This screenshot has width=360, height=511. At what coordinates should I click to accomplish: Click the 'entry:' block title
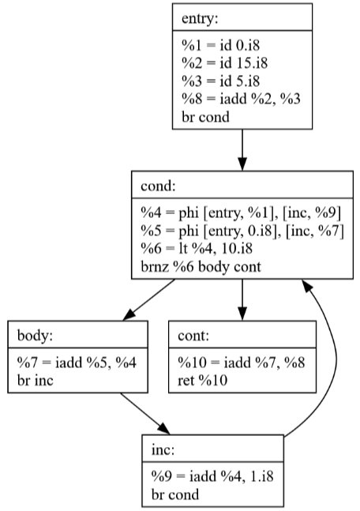[200, 18]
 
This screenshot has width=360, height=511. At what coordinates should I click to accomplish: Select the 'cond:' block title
[158, 186]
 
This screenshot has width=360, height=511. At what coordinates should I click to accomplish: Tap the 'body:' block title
[35, 336]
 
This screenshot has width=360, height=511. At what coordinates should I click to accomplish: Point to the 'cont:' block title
[193, 336]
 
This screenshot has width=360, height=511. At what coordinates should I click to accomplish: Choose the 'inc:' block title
[163, 449]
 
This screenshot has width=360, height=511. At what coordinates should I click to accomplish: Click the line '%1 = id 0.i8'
[220, 45]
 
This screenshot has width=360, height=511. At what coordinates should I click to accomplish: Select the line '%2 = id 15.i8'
[224, 63]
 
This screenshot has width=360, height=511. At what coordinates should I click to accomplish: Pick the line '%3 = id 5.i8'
[220, 81]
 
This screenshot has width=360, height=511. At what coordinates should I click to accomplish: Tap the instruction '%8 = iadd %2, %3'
[241, 99]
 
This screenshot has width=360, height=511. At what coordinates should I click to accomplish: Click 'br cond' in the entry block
[205, 117]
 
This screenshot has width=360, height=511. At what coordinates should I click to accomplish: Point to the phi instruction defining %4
[241, 212]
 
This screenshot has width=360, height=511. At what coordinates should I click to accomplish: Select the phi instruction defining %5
[242, 231]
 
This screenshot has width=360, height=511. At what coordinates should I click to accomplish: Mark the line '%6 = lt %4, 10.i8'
[197, 249]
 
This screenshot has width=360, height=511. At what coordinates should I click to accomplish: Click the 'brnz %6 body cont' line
[201, 267]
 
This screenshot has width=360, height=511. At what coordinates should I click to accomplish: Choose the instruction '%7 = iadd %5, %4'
[77, 363]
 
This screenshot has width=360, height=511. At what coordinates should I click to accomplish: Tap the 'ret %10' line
[202, 381]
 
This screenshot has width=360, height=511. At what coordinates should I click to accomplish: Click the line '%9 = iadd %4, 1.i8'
[212, 476]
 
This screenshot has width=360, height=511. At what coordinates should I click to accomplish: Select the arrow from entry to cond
[242, 150]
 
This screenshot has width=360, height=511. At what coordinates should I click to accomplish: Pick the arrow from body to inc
[145, 414]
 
